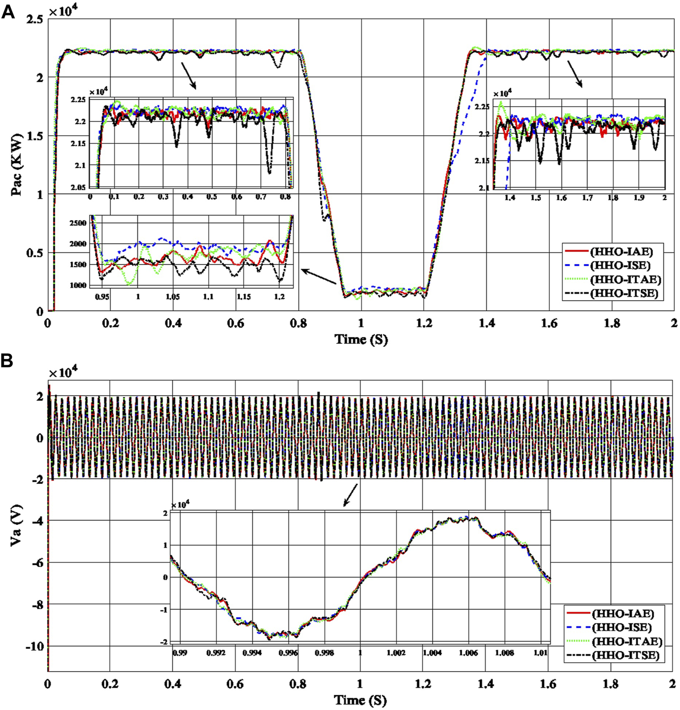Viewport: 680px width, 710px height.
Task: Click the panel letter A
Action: coord(8,12)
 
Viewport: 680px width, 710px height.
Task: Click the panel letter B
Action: coord(7,361)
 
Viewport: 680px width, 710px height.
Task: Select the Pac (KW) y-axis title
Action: coord(17,165)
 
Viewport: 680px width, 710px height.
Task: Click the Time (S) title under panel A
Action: coord(361,339)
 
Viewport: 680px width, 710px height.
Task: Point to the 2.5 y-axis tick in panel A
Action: coord(35,19)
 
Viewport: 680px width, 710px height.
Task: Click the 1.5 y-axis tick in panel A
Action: coord(35,136)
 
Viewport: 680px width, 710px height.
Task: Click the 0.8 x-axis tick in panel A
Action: coord(298,323)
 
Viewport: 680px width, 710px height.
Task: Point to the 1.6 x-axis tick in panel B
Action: coord(548,684)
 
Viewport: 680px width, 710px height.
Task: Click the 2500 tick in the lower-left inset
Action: coord(78,223)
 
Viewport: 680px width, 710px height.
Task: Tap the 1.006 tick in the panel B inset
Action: coord(468,653)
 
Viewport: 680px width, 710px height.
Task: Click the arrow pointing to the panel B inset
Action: coord(350,495)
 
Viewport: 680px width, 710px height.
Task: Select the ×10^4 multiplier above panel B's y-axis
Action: coord(63,373)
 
